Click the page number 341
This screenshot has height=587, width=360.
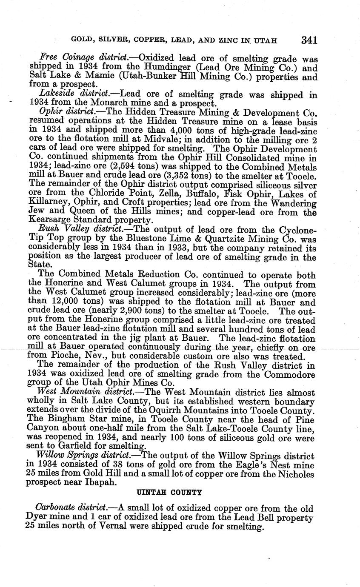[309, 40]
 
